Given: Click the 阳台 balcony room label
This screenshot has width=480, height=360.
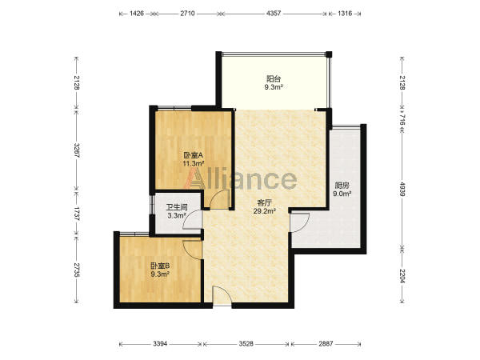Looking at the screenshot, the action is coord(274,78).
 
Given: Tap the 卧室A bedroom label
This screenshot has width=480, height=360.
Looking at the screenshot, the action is coord(193,155).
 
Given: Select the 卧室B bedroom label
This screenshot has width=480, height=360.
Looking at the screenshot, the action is coord(160,266).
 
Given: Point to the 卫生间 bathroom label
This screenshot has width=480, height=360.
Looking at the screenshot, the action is coord(177,207).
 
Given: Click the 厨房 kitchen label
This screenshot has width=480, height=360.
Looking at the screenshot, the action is coord(342,186).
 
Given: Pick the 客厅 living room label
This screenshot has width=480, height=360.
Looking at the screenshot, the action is coord(265,202).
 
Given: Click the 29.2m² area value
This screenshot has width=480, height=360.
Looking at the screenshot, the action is coord(265,210).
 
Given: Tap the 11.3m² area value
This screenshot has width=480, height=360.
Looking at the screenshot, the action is coord(194,163).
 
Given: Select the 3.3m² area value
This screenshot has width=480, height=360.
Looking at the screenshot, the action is coord(177,215).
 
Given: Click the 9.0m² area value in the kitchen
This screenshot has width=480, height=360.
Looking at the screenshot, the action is coord(342,194).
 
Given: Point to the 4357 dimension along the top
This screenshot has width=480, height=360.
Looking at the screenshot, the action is coord(274,14).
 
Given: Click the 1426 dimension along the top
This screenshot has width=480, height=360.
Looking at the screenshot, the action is coord(137,14).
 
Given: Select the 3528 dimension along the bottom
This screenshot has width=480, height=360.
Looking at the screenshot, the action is coord(246,344).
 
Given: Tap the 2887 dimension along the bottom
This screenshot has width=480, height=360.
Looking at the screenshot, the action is coord(326,344).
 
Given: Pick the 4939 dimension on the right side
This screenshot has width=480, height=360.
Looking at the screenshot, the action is coord(402,189).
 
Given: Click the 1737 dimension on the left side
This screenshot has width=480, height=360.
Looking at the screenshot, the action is coord(77,214).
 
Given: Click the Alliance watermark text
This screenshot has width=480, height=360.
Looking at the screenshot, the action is coord(240,178).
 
